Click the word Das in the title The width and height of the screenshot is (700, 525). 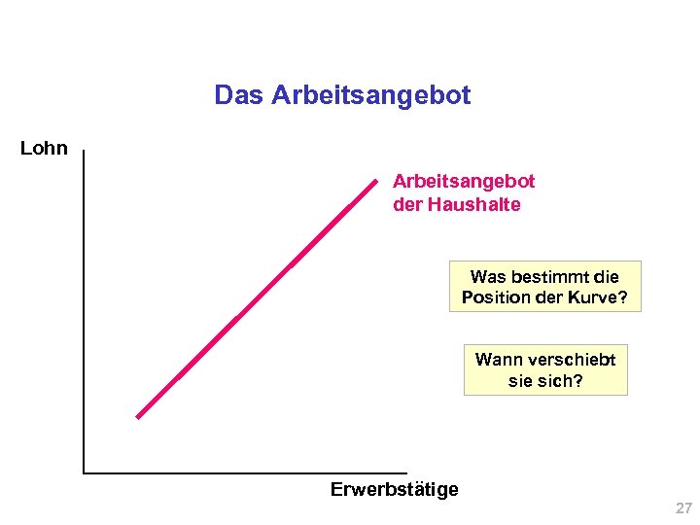(239, 95)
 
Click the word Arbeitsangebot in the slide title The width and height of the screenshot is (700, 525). (370, 95)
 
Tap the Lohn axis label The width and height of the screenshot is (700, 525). (44, 149)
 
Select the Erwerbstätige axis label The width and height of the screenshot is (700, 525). (394, 489)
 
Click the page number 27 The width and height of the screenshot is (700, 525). (683, 508)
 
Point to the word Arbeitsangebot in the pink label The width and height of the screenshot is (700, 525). (464, 182)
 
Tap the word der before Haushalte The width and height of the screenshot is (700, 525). (407, 205)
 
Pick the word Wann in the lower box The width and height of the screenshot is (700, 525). (497, 360)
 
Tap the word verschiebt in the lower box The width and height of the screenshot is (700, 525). (570, 360)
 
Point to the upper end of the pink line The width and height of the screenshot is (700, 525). (375, 179)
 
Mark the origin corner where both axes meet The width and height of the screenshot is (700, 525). (85, 472)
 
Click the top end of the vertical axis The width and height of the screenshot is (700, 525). (85, 151)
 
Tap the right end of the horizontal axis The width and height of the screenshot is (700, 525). (406, 472)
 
